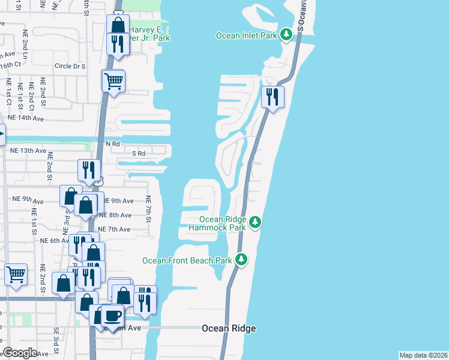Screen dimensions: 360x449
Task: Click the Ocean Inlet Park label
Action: [247, 35]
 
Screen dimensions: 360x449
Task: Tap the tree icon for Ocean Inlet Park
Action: [287, 35]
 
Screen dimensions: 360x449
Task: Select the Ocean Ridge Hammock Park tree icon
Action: [256, 223]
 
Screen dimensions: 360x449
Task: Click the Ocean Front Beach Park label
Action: [187, 260]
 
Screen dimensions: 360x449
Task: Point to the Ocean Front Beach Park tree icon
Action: [241, 260]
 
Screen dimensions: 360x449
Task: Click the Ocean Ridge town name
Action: [229, 328]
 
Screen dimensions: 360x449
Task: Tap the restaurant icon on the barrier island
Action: [273, 97]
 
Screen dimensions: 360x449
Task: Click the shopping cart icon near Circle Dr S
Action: [113, 80]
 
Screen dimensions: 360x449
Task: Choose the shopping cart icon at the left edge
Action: [16, 275]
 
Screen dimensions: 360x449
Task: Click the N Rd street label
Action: [113, 145]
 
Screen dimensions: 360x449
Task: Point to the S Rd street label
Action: [139, 154]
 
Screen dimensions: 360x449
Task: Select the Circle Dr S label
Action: [70, 66]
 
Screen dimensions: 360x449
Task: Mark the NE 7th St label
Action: [148, 208]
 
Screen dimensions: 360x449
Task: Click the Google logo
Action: [20, 352]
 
